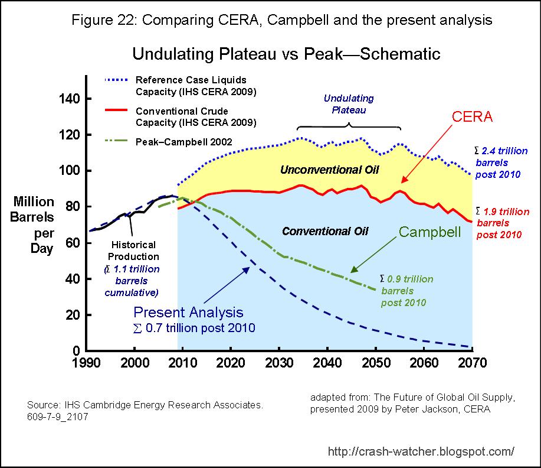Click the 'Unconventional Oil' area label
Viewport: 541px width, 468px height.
[x=329, y=170]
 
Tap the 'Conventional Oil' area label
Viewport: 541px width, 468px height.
[x=325, y=230]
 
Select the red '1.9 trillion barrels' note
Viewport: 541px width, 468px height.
[x=502, y=223]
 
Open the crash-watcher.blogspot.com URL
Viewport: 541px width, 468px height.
[x=420, y=451]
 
